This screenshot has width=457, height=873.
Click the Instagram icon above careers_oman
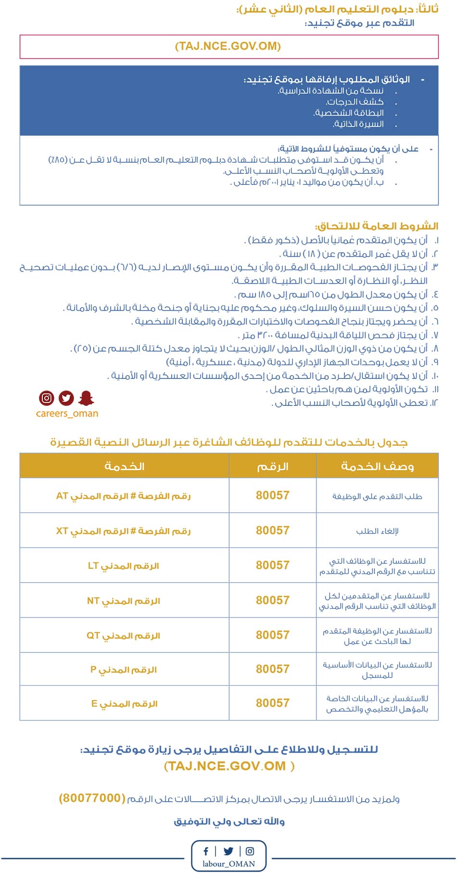tap(47, 398)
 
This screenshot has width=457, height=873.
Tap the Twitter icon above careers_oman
tap(66, 398)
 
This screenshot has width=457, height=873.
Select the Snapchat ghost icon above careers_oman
tap(86, 398)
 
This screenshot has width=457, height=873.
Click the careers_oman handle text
tap(67, 414)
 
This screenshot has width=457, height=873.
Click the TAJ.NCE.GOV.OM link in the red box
tap(228, 47)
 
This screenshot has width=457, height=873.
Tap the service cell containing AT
tap(124, 495)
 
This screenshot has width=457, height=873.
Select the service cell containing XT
tap(124, 531)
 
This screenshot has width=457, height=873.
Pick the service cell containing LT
tap(124, 566)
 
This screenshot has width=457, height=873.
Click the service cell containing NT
tap(124, 601)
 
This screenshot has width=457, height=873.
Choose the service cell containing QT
tap(124, 636)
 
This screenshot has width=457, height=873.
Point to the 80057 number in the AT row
tap(272, 495)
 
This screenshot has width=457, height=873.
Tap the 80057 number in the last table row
tap(272, 703)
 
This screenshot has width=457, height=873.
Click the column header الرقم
tap(272, 466)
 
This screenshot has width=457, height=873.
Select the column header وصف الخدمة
tap(377, 466)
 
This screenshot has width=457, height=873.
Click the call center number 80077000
tap(92, 798)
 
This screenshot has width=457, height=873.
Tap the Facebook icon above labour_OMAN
tap(206, 851)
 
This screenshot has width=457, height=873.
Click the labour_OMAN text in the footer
tap(228, 863)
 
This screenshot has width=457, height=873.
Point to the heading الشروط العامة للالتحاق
tap(377, 226)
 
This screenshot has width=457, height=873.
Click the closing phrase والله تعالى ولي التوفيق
tap(229, 821)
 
